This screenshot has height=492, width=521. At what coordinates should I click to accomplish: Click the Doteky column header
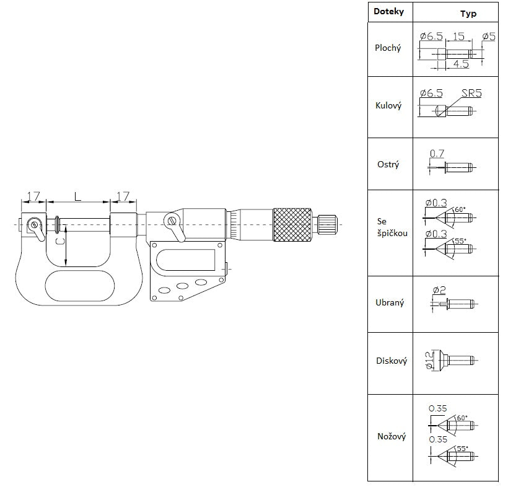point(388,12)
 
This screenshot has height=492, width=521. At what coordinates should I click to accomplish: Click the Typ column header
point(468,14)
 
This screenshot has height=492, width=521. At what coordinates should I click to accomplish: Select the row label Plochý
point(388,48)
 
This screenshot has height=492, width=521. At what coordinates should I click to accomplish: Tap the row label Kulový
point(388,106)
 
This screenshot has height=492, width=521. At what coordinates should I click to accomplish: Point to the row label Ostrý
point(388,164)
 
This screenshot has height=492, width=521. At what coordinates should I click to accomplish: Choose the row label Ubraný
point(390,302)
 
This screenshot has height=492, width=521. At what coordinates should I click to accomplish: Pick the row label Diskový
point(392,361)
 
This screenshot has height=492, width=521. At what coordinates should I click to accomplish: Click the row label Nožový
point(392,436)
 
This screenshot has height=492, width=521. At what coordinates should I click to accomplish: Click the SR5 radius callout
point(471,94)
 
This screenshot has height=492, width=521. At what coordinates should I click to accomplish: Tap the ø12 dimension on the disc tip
point(429,360)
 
